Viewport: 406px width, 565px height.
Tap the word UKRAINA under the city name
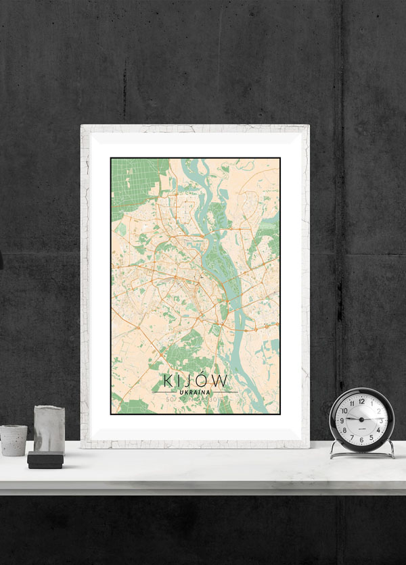click(x=195, y=392)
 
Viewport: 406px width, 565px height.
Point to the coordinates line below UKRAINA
click(x=195, y=400)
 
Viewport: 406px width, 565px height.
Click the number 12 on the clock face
click(x=361, y=401)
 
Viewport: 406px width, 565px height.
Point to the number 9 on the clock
click(x=342, y=420)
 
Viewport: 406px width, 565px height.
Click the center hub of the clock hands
click(x=361, y=420)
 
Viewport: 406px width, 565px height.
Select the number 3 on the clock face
click(x=381, y=420)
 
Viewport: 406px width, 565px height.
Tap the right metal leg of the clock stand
click(x=390, y=450)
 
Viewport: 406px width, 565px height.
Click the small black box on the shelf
click(x=45, y=460)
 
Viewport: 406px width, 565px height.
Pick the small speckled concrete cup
click(x=14, y=440)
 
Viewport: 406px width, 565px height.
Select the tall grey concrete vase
click(x=49, y=430)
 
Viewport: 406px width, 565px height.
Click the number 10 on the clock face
click(x=344, y=410)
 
